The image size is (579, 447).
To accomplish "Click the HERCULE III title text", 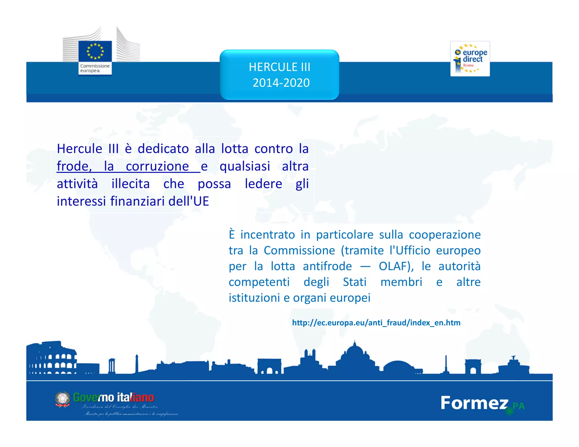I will pos(279,67).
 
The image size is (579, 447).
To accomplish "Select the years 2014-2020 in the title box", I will pos(281,83).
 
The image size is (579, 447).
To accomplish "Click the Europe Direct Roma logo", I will pos(470,59).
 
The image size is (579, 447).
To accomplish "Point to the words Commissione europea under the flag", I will pos(95,68).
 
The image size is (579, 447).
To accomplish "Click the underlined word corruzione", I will pos(157,166).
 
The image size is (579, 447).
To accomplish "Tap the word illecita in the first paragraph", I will pos(130,184).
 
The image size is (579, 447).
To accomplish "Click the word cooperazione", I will pos(444,235).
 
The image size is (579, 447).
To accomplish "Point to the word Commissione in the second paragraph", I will pos(299,251).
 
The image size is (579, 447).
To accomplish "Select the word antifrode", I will pos(327,266).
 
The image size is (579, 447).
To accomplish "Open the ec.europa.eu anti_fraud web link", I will pos(376,323).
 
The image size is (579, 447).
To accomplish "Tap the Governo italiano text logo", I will pos(113,398).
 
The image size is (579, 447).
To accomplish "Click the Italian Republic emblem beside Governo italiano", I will pos(62,399).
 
